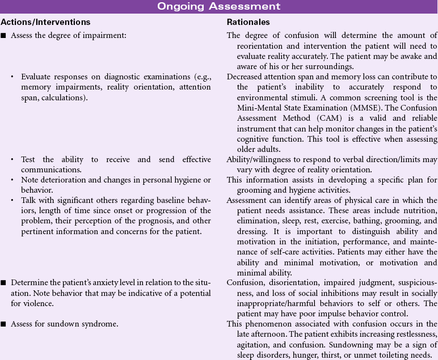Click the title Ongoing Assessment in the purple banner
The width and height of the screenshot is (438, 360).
pyautogui.click(x=218, y=6)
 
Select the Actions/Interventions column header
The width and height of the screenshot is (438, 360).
pyautogui.click(x=45, y=22)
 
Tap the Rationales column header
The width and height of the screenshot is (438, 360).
pyautogui.click(x=248, y=22)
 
